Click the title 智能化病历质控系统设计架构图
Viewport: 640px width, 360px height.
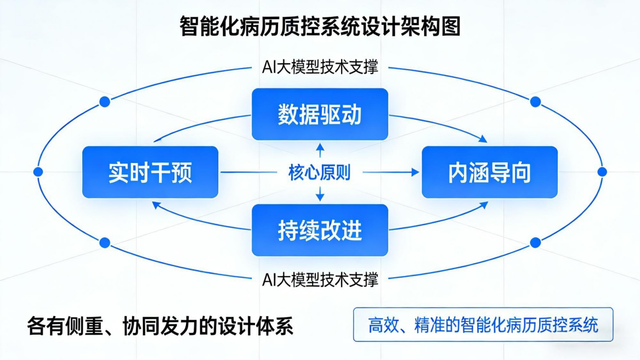point(320,26)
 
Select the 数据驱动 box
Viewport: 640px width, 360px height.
point(320,114)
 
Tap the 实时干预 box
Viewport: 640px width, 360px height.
point(150,172)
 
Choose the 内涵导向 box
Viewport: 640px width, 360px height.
point(489,172)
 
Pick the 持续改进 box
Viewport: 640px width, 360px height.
point(320,230)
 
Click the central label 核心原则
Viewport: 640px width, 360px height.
point(319,173)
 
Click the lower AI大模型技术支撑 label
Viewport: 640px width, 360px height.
point(320,279)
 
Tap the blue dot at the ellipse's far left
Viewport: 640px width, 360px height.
point(38,172)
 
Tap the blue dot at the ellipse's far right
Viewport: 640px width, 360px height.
point(602,172)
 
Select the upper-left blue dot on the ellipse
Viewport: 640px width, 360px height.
point(105,102)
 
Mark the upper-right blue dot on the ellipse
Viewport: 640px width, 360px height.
point(536,102)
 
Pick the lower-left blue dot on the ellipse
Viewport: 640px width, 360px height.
point(105,243)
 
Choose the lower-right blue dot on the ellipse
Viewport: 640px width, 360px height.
point(536,243)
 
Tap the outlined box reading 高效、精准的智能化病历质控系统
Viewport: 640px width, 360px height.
point(483,324)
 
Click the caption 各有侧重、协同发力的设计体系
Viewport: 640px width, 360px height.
point(160,326)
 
